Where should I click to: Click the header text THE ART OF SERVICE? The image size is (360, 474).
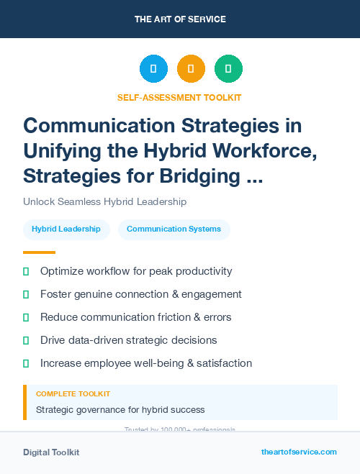pyautogui.click(x=180, y=19)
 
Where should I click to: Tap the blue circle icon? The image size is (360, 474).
pyautogui.click(x=153, y=69)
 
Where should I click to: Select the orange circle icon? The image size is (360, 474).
pyautogui.click(x=191, y=69)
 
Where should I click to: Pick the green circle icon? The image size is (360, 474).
pyautogui.click(x=228, y=69)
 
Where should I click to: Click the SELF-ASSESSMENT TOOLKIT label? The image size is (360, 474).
pyautogui.click(x=179, y=97)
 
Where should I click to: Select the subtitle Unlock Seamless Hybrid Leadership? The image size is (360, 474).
pyautogui.click(x=104, y=202)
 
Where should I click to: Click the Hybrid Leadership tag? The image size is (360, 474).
pyautogui.click(x=66, y=229)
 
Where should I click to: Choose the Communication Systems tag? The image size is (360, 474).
pyautogui.click(x=174, y=229)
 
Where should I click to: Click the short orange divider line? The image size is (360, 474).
pyautogui.click(x=39, y=252)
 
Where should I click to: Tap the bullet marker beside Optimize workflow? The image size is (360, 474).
pyautogui.click(x=27, y=271)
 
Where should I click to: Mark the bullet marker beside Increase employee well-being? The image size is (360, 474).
pyautogui.click(x=27, y=363)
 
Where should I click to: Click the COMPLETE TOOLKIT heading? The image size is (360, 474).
pyautogui.click(x=73, y=394)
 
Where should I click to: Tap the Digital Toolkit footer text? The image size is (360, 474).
pyautogui.click(x=51, y=452)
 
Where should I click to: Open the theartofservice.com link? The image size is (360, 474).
pyautogui.click(x=299, y=452)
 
